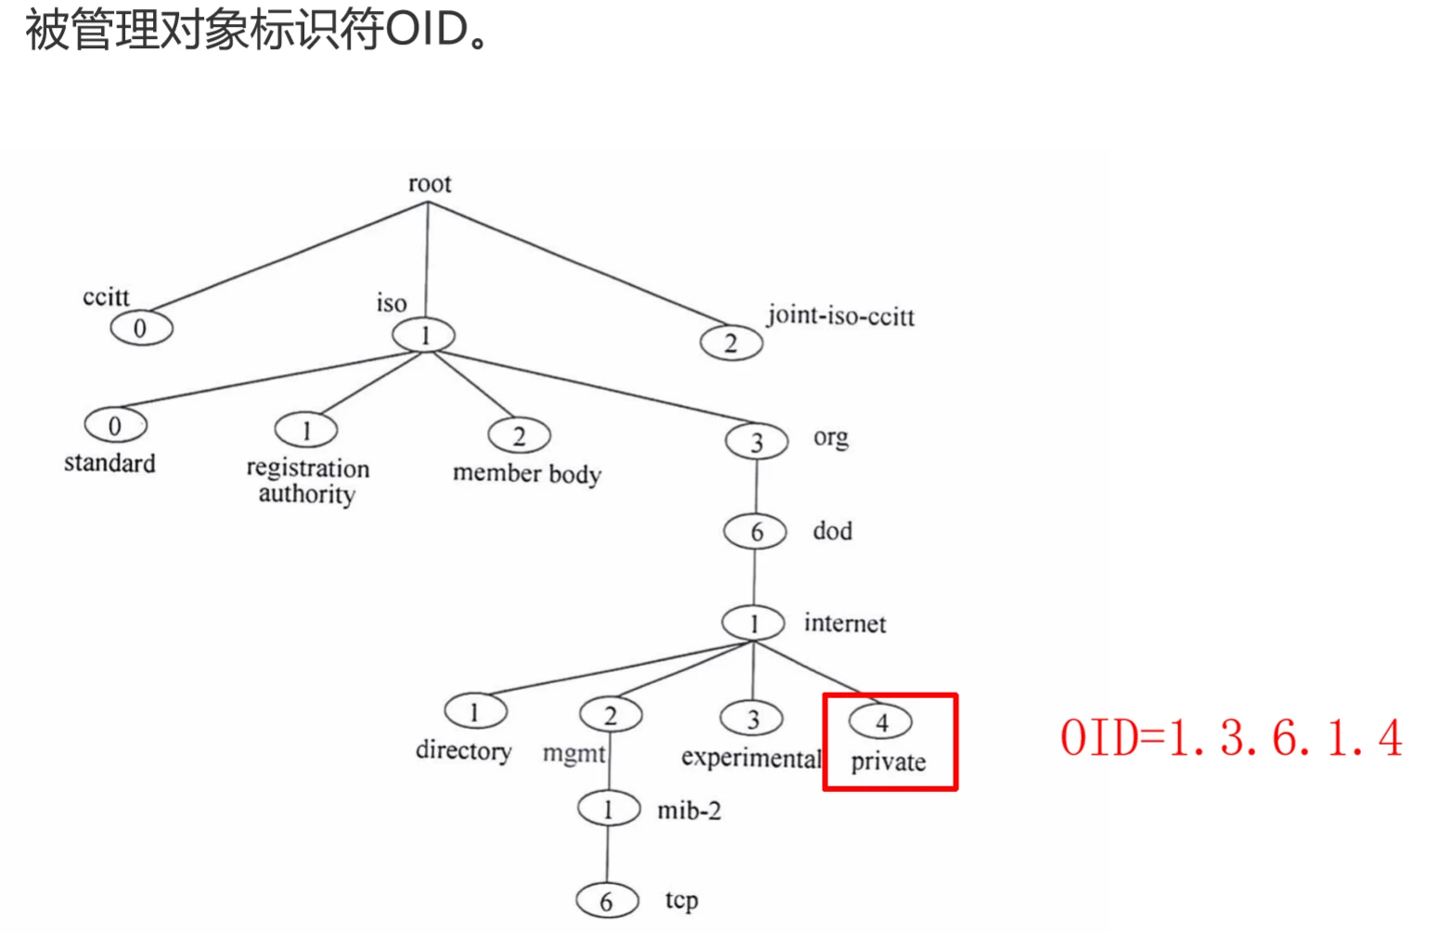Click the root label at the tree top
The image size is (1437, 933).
pos(430,184)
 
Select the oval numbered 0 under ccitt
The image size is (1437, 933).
pos(141,328)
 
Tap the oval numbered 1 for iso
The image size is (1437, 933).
pos(424,335)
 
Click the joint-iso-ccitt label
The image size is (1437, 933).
pos(840,317)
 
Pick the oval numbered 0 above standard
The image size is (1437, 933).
pos(115,425)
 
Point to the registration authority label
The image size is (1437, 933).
pos(307,481)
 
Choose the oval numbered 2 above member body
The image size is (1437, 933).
pos(519,435)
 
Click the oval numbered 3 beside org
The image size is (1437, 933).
pos(756,442)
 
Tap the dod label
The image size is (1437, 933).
pos(832,531)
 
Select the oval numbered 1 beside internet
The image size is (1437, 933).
pos(753,623)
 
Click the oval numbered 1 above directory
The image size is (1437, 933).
pos(475,712)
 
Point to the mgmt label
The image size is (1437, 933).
pos(573,753)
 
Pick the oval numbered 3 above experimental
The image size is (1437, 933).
pos(751,719)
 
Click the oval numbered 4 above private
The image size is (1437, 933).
pos(880,722)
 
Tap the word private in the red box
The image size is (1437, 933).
pos(888,762)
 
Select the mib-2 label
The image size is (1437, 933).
pos(689,810)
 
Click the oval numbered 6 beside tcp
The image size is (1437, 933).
pos(607,901)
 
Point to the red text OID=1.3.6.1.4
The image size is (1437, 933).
pos(1230,739)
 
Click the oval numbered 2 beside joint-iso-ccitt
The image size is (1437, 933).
pos(731,343)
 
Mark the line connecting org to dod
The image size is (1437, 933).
pos(756,486)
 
